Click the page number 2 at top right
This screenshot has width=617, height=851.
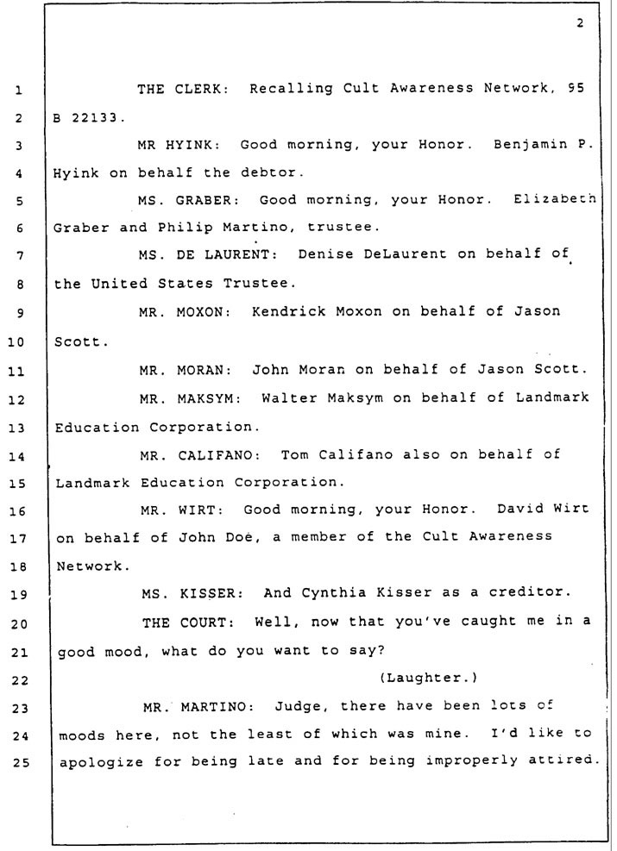coord(580,22)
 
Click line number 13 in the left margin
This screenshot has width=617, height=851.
coord(17,429)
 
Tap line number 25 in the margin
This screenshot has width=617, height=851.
coord(20,762)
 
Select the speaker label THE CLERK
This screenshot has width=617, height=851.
coord(182,89)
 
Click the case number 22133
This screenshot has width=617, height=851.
coord(95,117)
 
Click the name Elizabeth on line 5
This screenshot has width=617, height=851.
coord(555,198)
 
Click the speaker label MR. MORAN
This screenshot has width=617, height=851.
coord(186,371)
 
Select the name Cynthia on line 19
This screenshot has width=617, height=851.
coord(333,592)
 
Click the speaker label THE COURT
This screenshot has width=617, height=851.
coord(188,623)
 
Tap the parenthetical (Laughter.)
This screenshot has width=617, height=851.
coord(429,678)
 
